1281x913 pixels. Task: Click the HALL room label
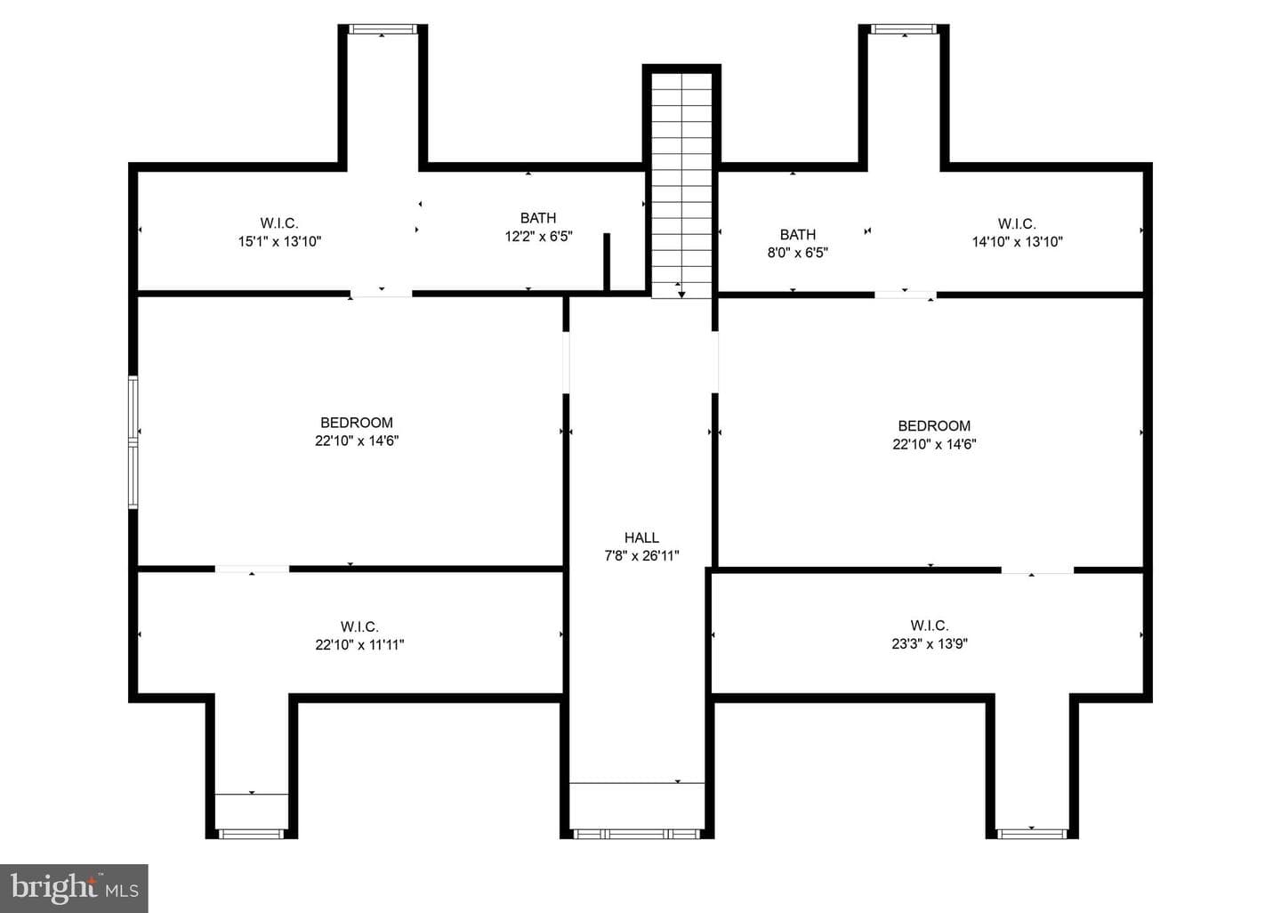tap(641, 537)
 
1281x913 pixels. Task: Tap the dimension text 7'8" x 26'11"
tap(641, 555)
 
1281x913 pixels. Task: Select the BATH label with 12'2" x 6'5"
tap(537, 217)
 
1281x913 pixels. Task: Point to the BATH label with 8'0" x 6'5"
tap(797, 234)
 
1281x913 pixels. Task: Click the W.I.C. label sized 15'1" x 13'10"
tap(279, 223)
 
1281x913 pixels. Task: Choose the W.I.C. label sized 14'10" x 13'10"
tap(1017, 223)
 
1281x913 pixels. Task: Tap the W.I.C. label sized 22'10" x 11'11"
tap(359, 626)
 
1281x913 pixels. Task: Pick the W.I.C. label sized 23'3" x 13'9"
tap(930, 626)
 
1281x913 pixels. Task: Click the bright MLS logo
tap(75, 888)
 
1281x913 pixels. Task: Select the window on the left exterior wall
tap(133, 442)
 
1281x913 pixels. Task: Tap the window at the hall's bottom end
tap(637, 834)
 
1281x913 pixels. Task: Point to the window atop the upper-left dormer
tap(382, 29)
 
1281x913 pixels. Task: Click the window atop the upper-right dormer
tap(904, 29)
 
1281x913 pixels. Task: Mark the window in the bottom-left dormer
tap(252, 834)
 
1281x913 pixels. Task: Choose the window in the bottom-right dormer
tap(1032, 834)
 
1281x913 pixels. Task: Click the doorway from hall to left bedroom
tap(566, 362)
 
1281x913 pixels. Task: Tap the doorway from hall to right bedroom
tap(715, 362)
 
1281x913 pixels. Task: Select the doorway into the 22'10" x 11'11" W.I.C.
tap(253, 569)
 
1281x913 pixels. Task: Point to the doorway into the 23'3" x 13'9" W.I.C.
tap(1037, 570)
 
